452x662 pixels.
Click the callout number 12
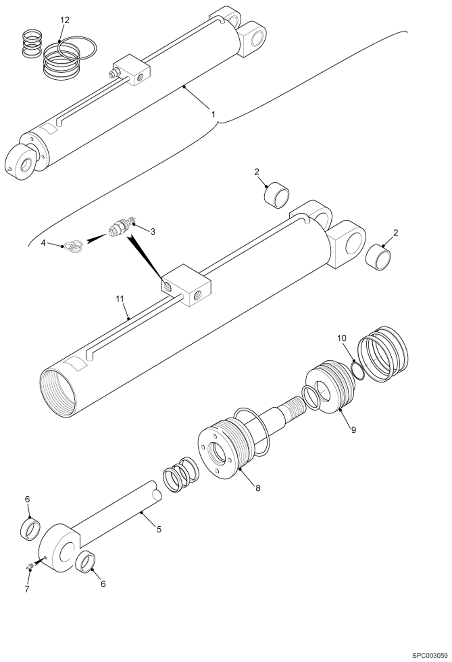coord(65,20)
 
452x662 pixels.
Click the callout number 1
coord(213,115)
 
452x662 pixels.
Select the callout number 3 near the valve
coord(153,232)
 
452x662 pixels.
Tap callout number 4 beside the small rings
coord(43,243)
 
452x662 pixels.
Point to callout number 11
coord(120,299)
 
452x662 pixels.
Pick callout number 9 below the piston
coord(354,429)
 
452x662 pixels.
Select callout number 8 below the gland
coord(258,488)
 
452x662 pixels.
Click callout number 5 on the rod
coord(159,529)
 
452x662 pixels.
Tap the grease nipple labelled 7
coord(30,567)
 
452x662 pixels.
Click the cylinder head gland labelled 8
coord(223,453)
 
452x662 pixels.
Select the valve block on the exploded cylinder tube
coord(186,285)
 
